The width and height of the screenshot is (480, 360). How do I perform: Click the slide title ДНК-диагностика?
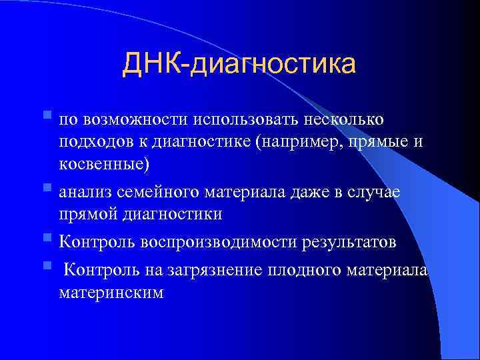pos(239,65)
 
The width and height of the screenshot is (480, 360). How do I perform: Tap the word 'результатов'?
pos(353,241)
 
